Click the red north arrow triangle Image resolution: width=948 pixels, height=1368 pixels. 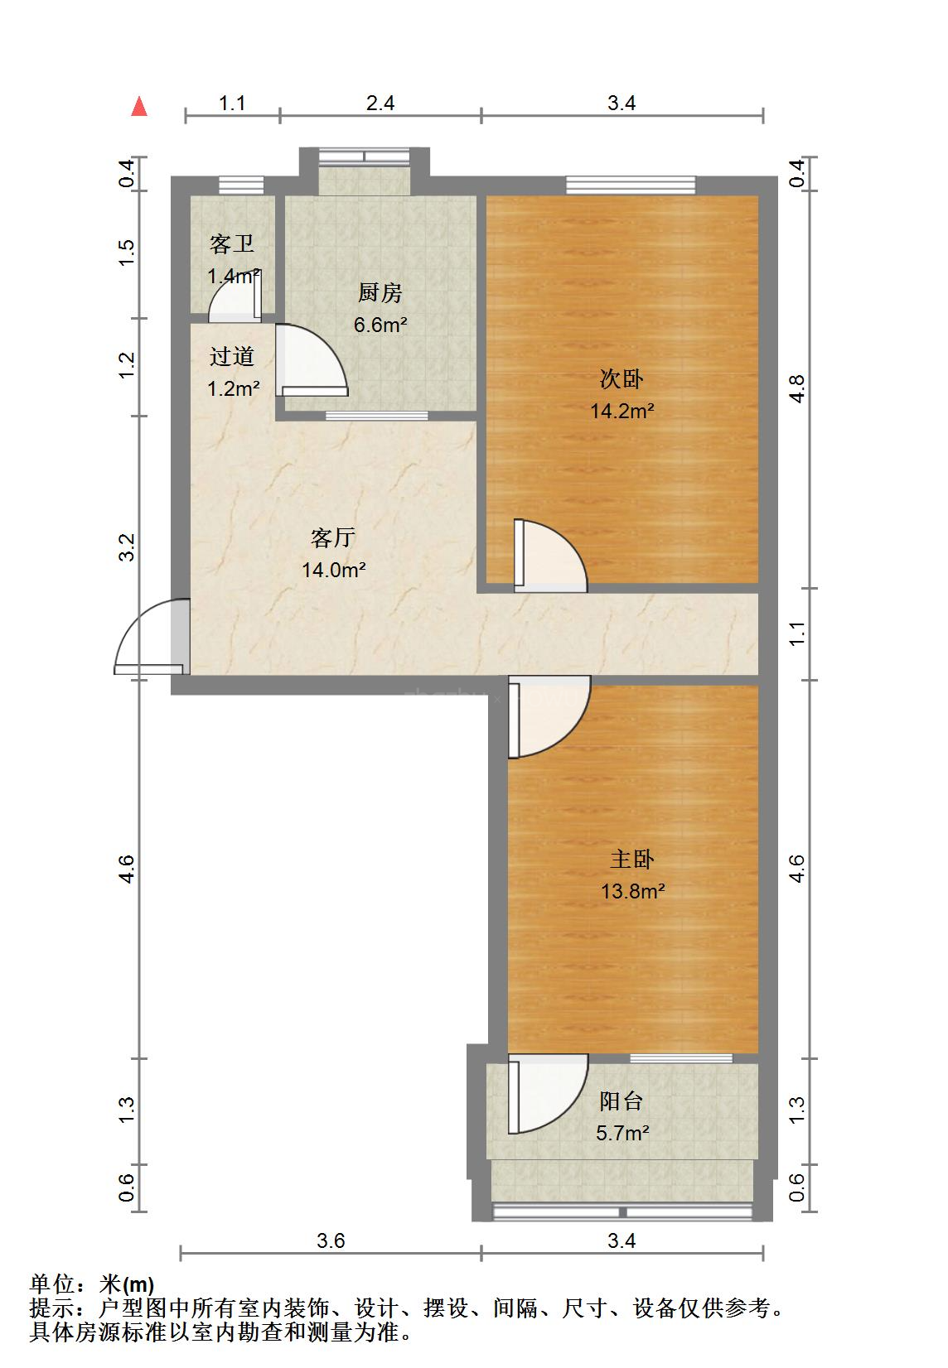(x=139, y=106)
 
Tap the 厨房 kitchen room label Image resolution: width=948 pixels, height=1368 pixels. (x=380, y=292)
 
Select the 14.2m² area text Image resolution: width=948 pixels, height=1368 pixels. (x=622, y=411)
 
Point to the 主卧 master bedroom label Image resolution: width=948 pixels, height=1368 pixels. (x=632, y=860)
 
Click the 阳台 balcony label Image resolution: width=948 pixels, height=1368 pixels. (x=621, y=1101)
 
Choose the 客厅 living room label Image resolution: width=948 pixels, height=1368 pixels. (x=333, y=537)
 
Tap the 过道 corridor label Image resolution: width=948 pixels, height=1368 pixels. (x=232, y=357)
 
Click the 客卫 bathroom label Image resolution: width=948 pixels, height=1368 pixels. (x=232, y=243)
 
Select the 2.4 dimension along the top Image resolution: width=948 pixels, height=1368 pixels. (x=380, y=104)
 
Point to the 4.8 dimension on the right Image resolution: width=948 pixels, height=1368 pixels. (x=797, y=388)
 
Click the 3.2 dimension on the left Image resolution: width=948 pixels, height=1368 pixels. (x=126, y=547)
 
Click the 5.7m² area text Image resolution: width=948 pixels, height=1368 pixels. (x=622, y=1133)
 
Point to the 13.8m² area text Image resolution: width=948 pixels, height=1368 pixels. (x=632, y=891)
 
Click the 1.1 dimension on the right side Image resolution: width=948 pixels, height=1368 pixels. (x=797, y=633)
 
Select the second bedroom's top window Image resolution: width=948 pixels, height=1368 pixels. (x=631, y=185)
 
